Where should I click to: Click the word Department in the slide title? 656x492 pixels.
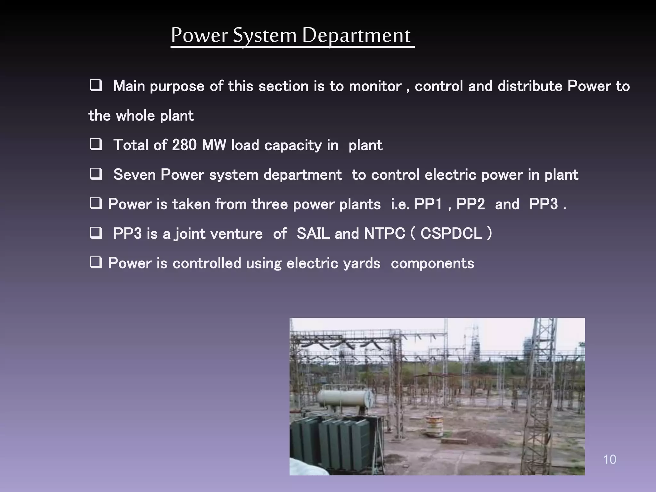click(x=356, y=36)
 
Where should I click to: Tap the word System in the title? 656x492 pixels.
click(x=265, y=36)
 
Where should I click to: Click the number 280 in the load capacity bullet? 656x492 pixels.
click(x=184, y=145)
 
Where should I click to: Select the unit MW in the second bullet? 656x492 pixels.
click(x=214, y=145)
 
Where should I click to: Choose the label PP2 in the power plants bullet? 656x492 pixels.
click(x=471, y=204)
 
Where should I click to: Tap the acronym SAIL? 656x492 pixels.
click(x=313, y=234)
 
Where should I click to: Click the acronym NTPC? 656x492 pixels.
click(x=384, y=234)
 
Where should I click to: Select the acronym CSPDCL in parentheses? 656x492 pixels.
click(x=451, y=234)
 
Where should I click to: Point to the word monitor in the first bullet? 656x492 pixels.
click(x=375, y=86)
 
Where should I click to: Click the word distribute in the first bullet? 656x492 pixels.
click(x=530, y=86)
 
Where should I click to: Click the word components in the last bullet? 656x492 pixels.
click(x=432, y=264)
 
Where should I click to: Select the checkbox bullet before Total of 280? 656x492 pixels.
click(x=95, y=145)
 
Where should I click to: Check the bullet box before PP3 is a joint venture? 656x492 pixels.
click(x=95, y=233)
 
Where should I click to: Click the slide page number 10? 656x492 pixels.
click(x=609, y=459)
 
